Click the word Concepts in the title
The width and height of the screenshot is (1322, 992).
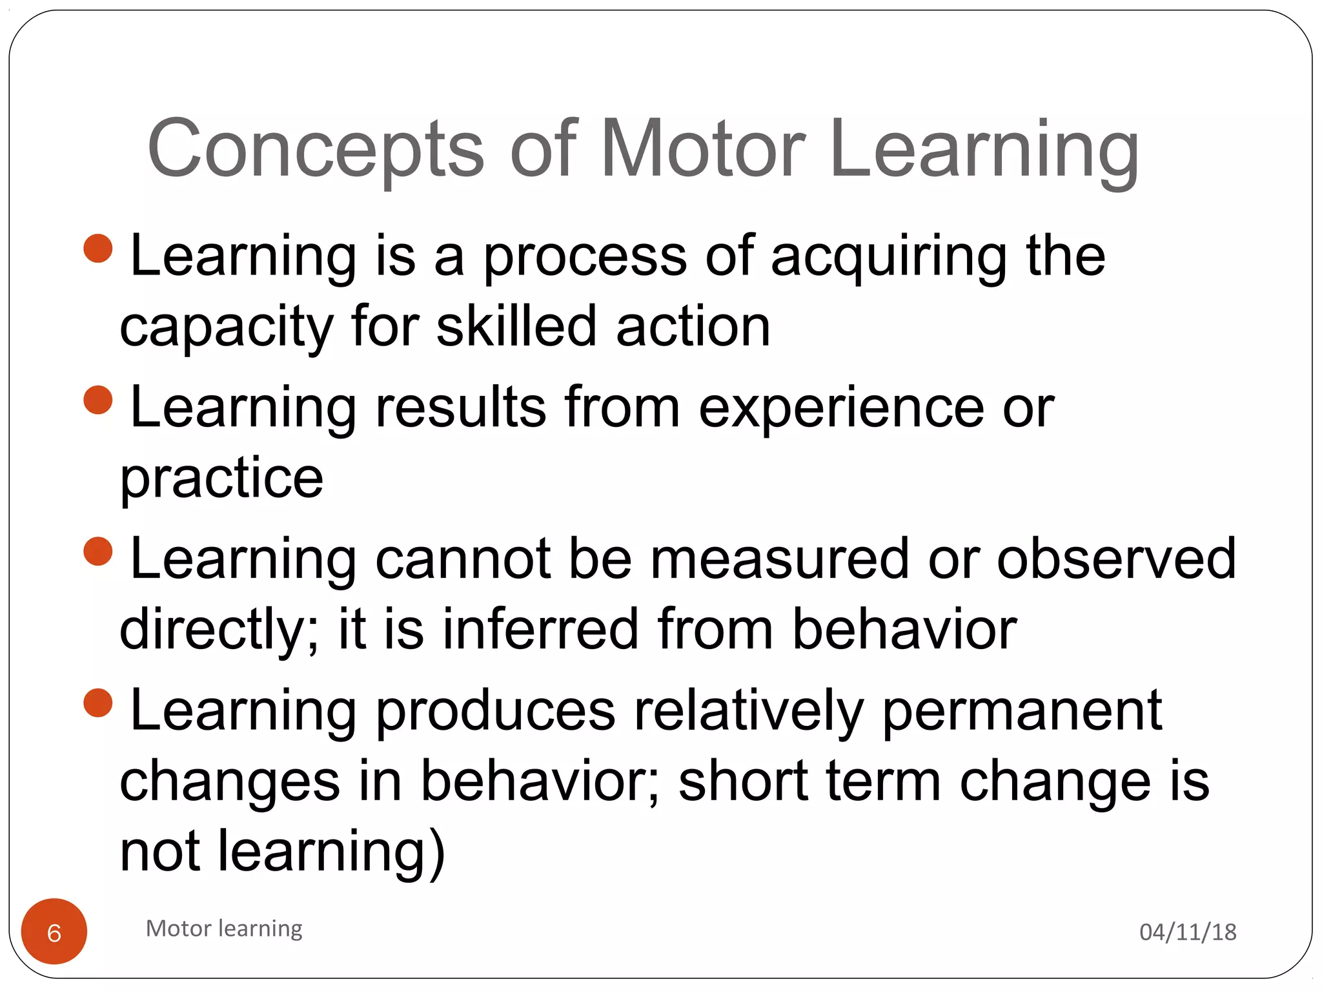coord(315,150)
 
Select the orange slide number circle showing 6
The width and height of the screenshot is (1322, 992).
coord(54,931)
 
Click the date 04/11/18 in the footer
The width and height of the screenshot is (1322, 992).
coord(1188,932)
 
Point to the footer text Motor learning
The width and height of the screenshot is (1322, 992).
coord(224,928)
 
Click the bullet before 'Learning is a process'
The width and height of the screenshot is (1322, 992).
coord(98,249)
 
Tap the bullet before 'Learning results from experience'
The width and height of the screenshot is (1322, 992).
coord(98,400)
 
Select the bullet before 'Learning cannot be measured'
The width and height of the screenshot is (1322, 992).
coord(98,551)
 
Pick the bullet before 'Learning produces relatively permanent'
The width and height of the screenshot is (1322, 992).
coord(98,702)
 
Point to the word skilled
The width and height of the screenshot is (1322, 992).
coord(516,327)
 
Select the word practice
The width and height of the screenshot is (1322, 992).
coord(221,479)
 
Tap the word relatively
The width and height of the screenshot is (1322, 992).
coord(748,712)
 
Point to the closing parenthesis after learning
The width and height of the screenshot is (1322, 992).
coord(436,852)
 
